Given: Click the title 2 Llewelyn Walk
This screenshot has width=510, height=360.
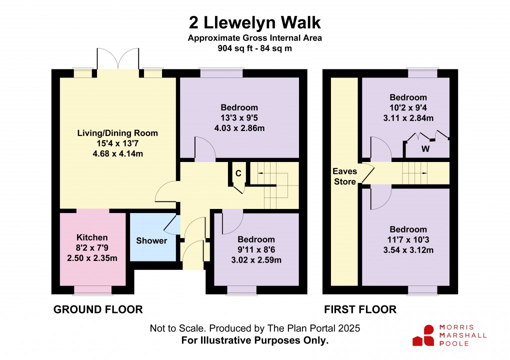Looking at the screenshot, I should (254, 22).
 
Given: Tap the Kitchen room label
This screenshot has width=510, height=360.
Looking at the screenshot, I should (92, 237).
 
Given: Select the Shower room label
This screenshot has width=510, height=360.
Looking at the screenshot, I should (151, 241).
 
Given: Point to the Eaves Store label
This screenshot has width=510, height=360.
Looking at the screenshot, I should (345, 176).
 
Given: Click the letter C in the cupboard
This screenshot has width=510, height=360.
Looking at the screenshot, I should (238, 173).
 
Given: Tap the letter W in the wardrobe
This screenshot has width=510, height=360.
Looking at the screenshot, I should (425, 148).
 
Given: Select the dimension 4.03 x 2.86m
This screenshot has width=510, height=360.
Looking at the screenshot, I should (239, 128).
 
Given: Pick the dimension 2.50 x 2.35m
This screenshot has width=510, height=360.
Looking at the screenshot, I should (92, 258).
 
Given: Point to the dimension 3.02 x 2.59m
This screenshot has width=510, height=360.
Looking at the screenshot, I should (256, 260).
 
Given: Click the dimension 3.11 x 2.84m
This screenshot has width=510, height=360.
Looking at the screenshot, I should (408, 118).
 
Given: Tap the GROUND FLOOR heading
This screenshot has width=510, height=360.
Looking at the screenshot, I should (98, 310).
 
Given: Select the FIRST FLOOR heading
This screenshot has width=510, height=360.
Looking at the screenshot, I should (360, 310).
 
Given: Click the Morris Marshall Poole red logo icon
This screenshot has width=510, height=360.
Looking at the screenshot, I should (423, 335).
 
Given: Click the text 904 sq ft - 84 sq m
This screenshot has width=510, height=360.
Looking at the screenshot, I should (254, 48).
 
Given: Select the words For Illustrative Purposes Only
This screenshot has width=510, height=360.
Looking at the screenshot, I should (254, 340).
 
